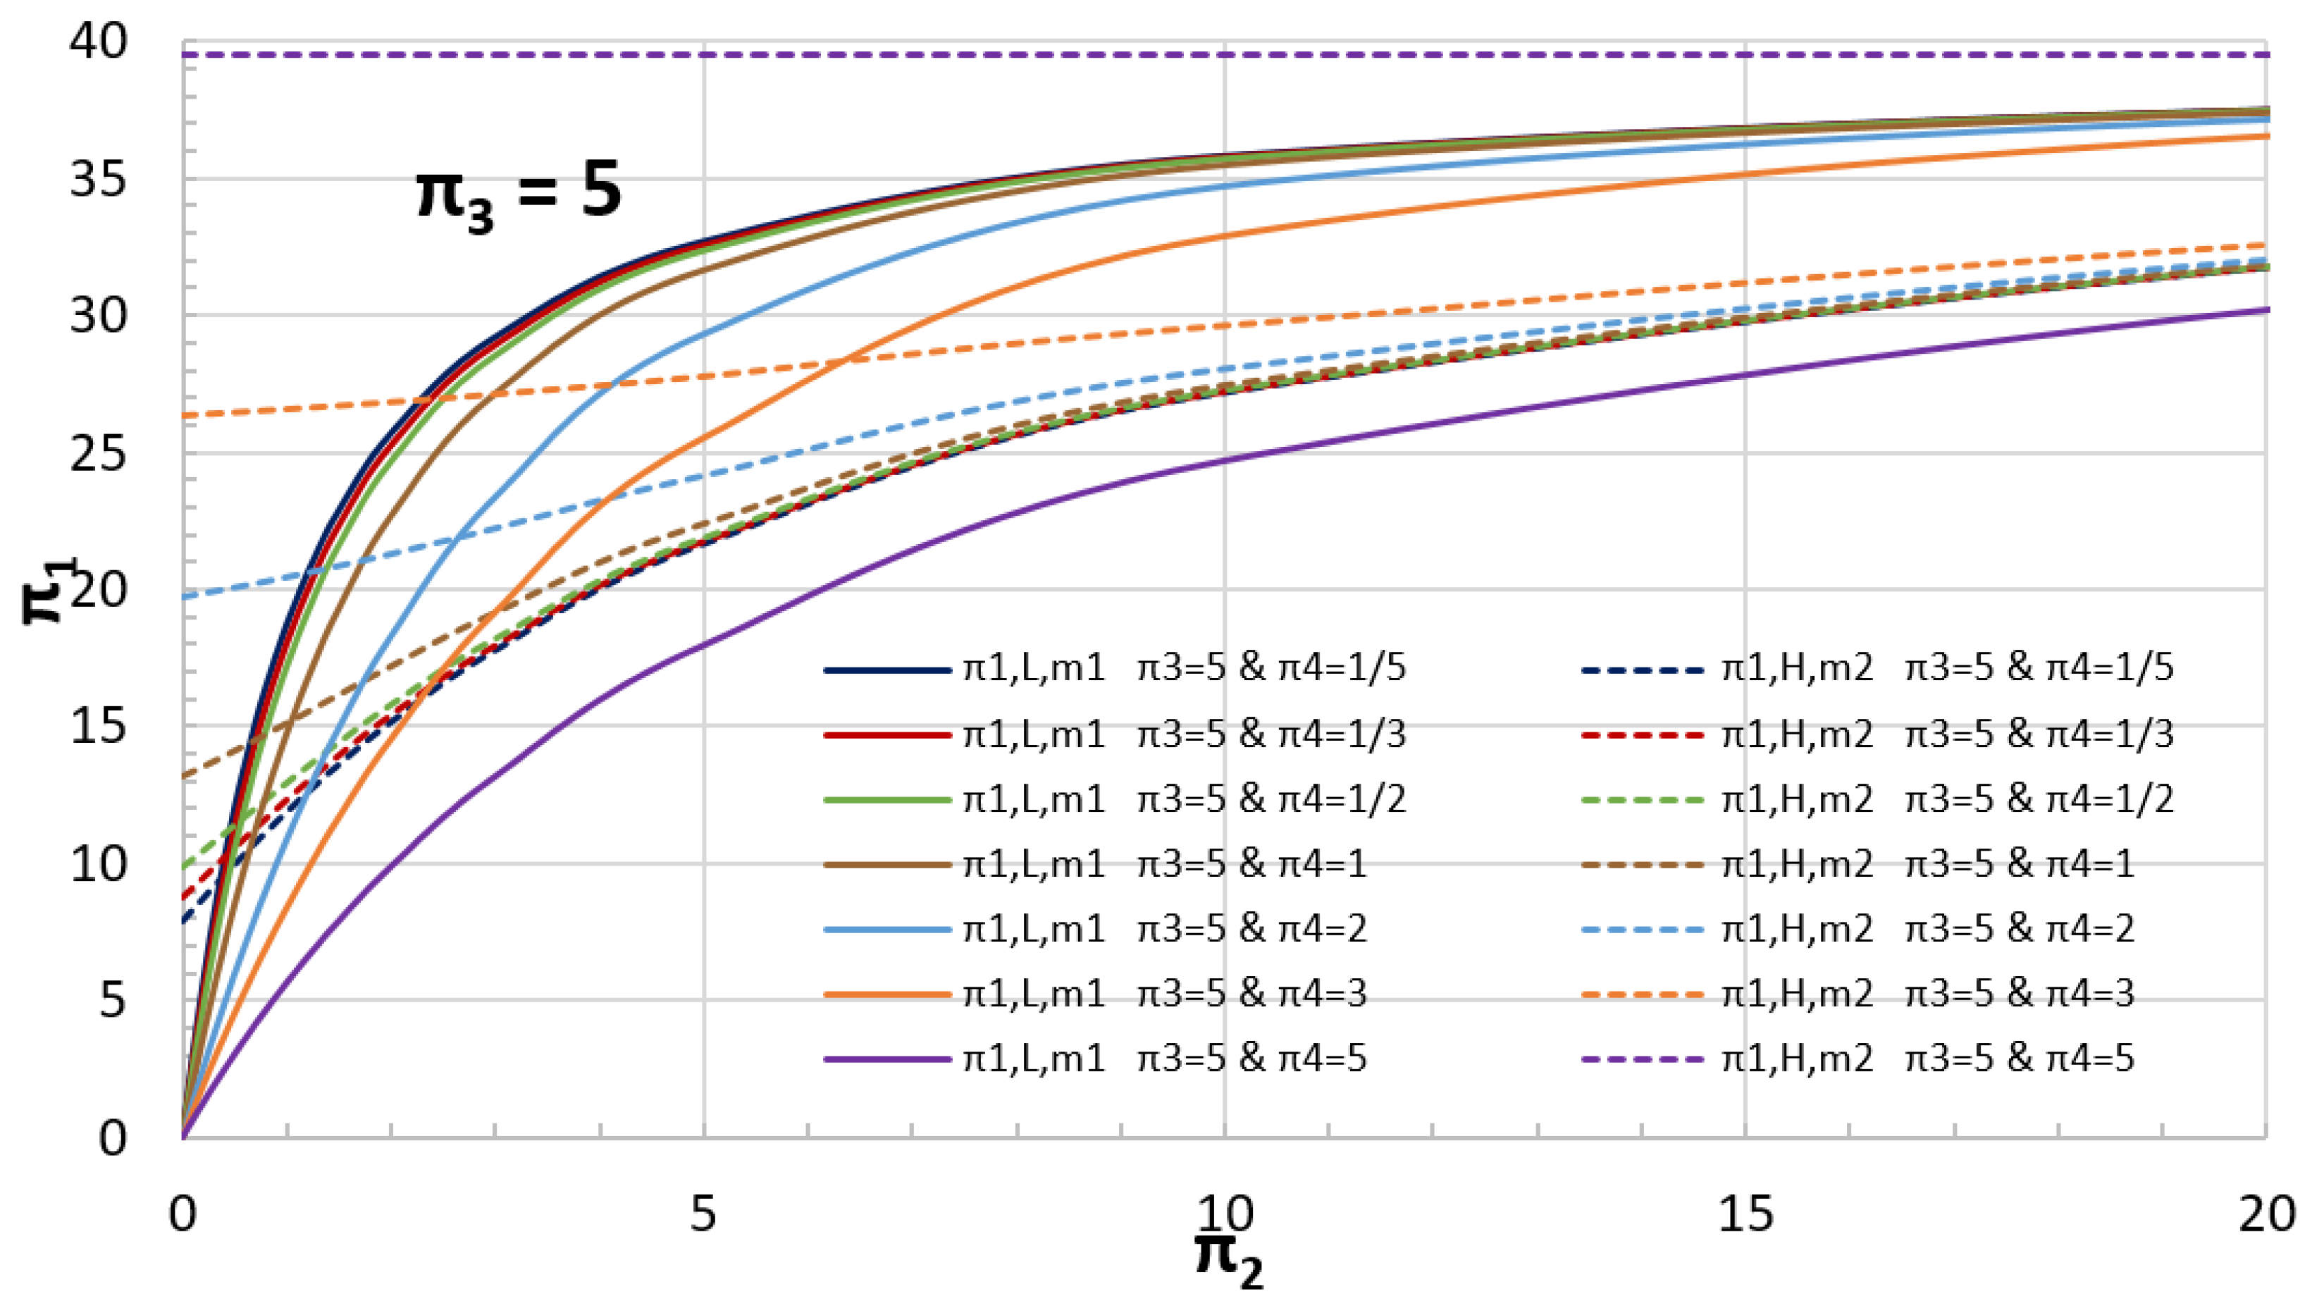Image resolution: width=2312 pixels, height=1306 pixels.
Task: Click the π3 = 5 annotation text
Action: pos(519,194)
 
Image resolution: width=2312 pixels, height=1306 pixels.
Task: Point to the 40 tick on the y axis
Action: pos(99,42)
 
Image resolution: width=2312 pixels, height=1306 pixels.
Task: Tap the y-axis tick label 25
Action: pos(99,453)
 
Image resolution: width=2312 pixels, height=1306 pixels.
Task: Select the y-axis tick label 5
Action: pos(112,1000)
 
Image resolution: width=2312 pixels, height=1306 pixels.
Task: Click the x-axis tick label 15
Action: pos(1745,1214)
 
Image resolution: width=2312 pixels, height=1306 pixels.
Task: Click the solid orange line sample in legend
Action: pos(886,994)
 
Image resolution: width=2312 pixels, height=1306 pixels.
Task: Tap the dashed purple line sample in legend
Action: pos(1643,1059)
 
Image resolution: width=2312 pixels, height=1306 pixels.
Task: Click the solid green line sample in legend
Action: pos(886,799)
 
